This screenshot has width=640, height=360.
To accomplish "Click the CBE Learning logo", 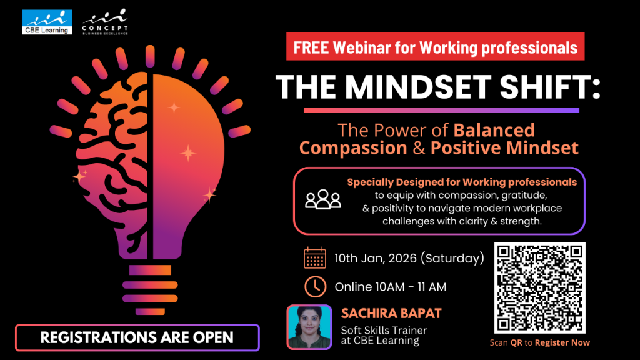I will click(47, 22).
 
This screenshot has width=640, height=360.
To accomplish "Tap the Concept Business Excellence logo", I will click(106, 22).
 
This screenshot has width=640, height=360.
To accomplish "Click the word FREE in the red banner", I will click(313, 47).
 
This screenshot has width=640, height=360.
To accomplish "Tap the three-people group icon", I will click(323, 199).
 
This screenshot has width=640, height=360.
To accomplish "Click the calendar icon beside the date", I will click(315, 257).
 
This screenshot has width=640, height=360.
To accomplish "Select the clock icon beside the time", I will click(315, 286).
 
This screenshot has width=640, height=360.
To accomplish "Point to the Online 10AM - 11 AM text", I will click(391, 287).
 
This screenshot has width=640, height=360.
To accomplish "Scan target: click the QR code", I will click(540, 287).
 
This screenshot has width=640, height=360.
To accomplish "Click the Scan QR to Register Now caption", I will click(540, 342).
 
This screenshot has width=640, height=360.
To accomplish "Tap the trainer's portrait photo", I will click(309, 326).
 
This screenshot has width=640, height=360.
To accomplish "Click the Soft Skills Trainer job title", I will click(384, 330).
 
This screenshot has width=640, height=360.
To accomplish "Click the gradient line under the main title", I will click(441, 110).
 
